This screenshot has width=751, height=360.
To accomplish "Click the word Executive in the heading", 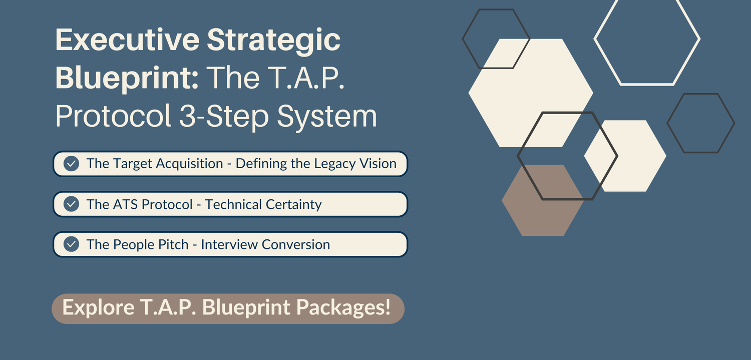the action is click(x=128, y=40).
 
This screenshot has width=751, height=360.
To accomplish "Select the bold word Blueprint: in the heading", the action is click(x=127, y=79).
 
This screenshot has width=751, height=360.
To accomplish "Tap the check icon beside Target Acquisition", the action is click(x=72, y=164).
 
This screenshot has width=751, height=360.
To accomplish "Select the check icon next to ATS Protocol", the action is click(x=72, y=204).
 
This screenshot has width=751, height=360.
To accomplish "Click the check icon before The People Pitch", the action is click(x=72, y=244).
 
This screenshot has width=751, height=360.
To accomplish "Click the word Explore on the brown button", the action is click(x=99, y=308).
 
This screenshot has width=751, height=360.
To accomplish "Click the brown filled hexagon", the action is click(x=542, y=200).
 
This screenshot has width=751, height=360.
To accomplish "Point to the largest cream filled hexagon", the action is click(x=531, y=93).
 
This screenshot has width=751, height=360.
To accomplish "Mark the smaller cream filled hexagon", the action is click(x=625, y=156).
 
